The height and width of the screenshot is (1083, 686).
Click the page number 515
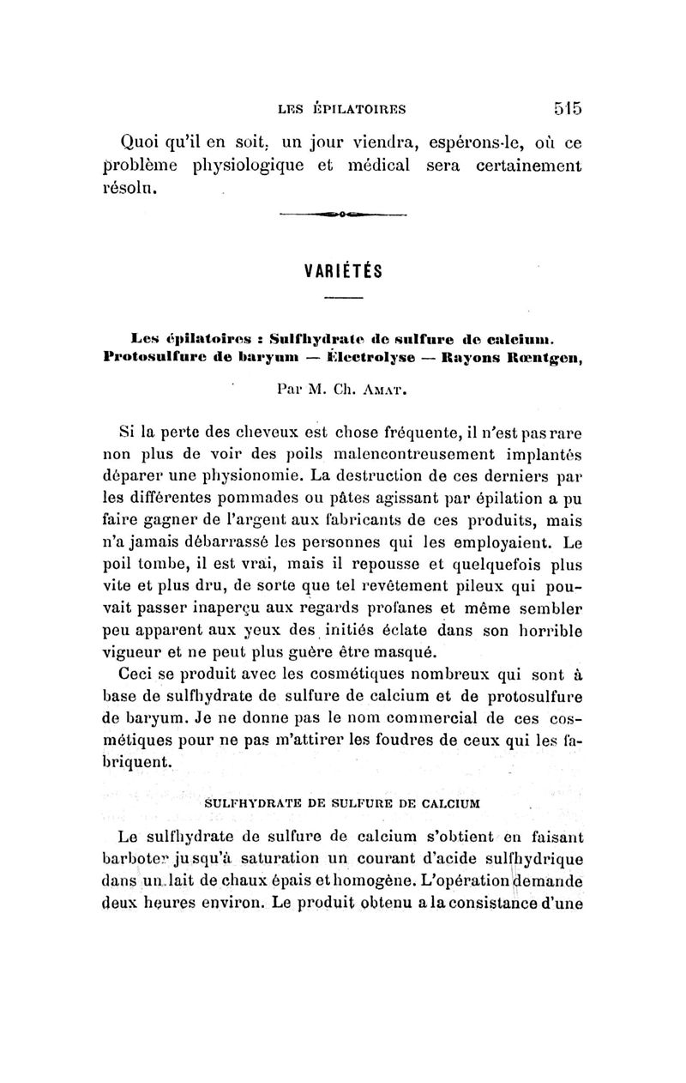tap(568, 108)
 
